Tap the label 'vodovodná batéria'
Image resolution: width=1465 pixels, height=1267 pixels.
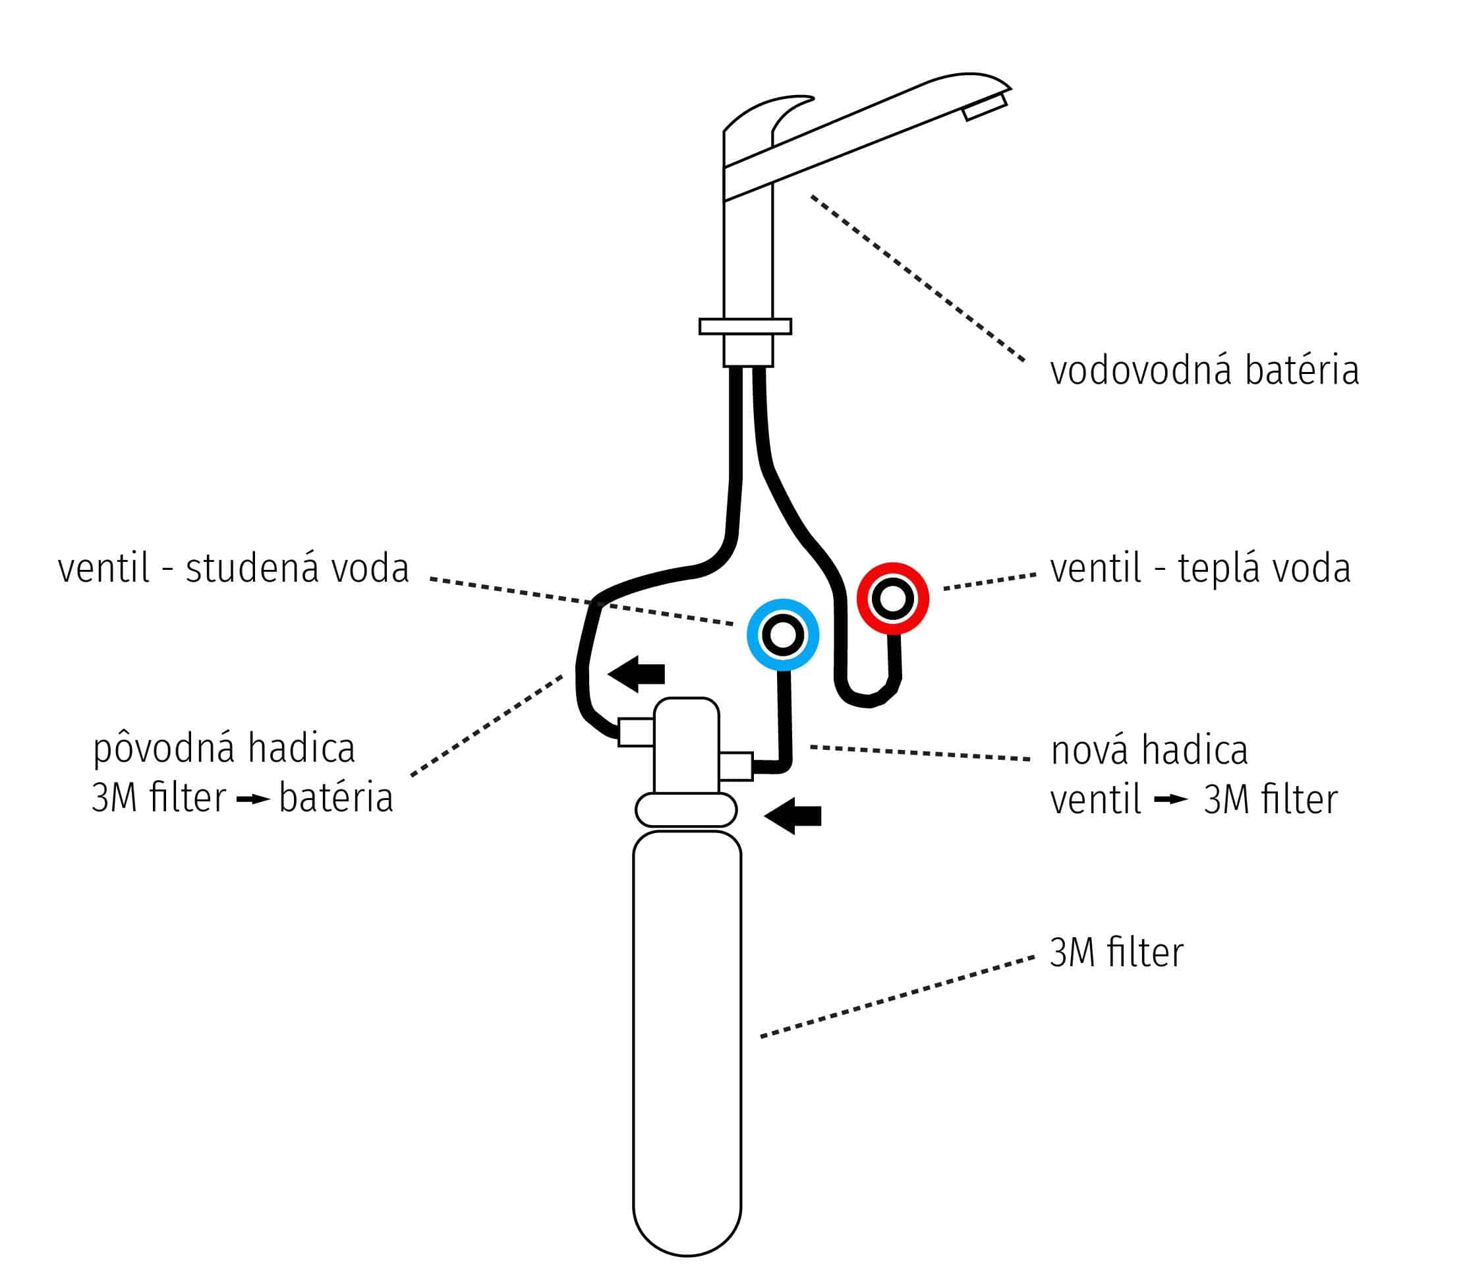[x=1204, y=371]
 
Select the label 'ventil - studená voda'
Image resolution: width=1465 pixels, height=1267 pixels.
[x=233, y=568]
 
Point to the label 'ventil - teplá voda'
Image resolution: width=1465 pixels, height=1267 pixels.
[x=1200, y=568]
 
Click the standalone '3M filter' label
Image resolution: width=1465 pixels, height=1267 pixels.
[x=1116, y=952]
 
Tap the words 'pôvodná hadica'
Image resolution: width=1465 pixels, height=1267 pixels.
[x=223, y=749]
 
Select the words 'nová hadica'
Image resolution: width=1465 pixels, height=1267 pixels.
[x=1149, y=750]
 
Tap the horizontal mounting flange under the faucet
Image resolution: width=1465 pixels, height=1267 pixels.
[x=745, y=326]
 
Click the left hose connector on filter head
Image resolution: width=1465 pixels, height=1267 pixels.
[x=636, y=732]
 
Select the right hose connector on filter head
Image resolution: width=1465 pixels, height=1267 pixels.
[x=735, y=766]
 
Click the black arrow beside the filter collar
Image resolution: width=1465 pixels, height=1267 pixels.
[x=794, y=816]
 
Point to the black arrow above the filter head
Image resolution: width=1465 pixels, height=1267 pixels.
[x=637, y=673]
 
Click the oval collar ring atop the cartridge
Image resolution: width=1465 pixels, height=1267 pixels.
[x=686, y=810]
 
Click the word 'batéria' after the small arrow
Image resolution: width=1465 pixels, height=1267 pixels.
[x=336, y=798]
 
